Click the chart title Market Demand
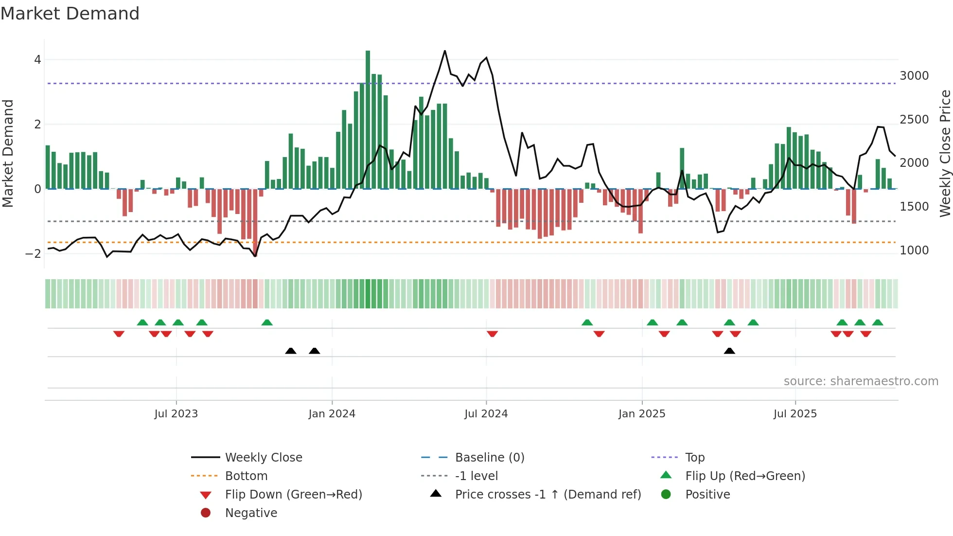70,14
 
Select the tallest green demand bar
368,119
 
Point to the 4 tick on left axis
37,60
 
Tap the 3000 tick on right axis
914,76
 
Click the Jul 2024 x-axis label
486,414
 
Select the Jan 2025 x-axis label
642,414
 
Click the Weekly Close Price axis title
945,153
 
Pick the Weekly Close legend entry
263,458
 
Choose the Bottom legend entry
246,476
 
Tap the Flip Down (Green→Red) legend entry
293,495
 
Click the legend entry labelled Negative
251,513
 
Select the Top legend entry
695,458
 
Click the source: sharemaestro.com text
861,381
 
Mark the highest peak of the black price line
444,51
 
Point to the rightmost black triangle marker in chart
729,351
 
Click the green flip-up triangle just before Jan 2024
267,322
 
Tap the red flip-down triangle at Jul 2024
492,334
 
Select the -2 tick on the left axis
33,253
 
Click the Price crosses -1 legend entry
547,495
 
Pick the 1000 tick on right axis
914,250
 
